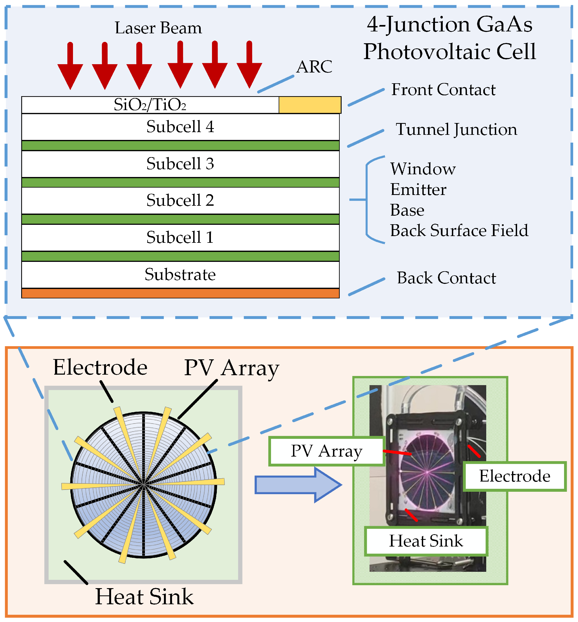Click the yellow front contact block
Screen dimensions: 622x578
tap(309, 105)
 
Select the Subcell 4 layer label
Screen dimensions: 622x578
tap(180, 127)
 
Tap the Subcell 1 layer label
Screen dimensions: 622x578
tap(180, 237)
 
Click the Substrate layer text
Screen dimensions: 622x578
tap(180, 274)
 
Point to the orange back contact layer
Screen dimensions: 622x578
tap(180, 293)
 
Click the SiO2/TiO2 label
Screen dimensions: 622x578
tap(150, 105)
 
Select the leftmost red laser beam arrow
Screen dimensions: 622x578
tap(70, 67)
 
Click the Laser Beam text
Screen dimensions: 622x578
tap(158, 28)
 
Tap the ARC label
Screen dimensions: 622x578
tap(314, 67)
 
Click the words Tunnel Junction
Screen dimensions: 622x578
tap(456, 129)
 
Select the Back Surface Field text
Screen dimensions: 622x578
tap(459, 231)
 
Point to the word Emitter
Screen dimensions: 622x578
tap(418, 190)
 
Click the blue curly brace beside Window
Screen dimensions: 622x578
tap(368, 199)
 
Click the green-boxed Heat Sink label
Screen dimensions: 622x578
tap(426, 541)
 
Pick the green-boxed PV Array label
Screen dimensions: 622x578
tap(326, 451)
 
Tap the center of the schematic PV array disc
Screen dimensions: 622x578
tap(144, 485)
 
